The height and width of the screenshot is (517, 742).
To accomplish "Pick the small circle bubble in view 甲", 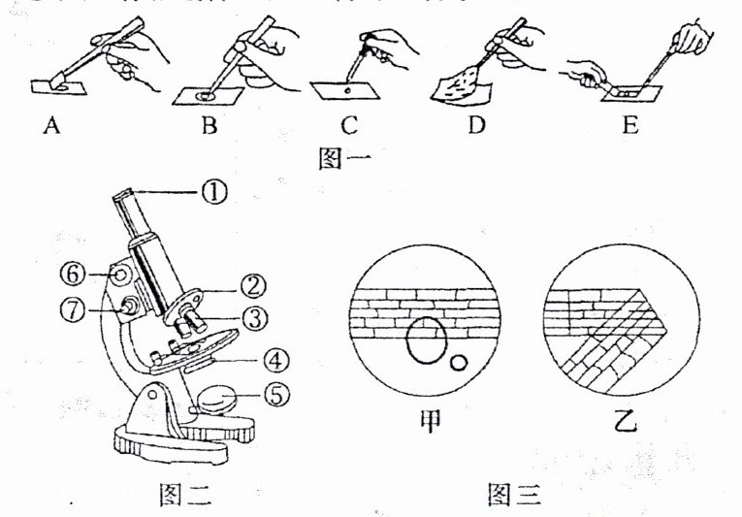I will tap(459, 364).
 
